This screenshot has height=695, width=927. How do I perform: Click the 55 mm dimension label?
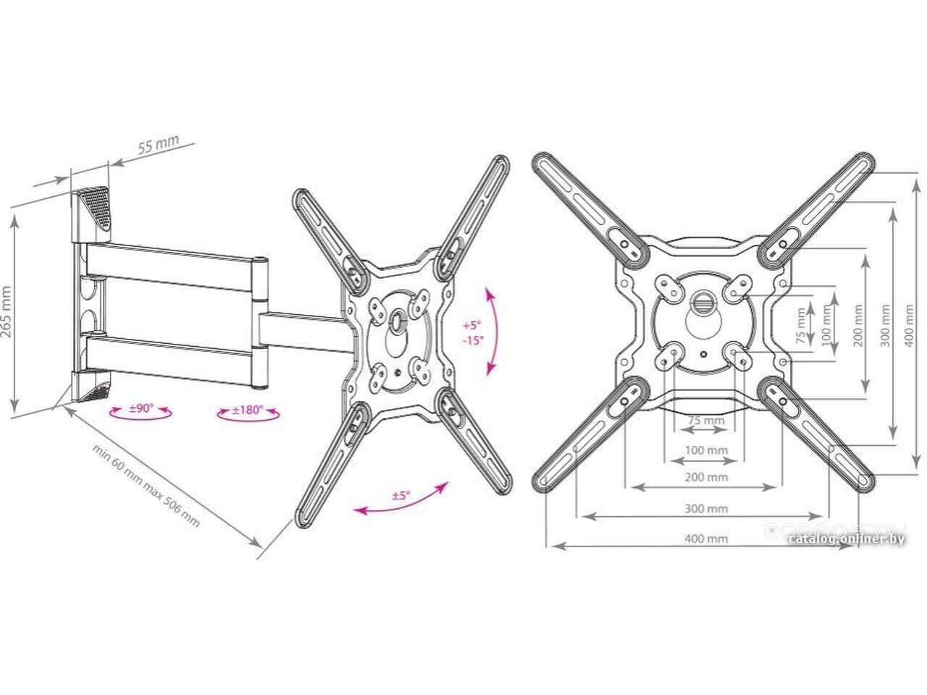click(159, 144)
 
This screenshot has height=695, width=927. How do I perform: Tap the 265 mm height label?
click(7, 312)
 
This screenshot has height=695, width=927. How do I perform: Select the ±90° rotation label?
click(141, 408)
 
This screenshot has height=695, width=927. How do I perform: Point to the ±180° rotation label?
click(248, 410)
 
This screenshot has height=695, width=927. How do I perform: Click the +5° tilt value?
click(472, 325)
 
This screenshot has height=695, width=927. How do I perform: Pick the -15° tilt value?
click(474, 340)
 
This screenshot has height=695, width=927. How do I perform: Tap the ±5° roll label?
click(401, 495)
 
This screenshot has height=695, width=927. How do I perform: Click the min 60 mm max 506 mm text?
click(146, 486)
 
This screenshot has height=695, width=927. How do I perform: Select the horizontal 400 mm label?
click(706, 539)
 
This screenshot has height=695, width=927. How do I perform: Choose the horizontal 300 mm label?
click(706, 508)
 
